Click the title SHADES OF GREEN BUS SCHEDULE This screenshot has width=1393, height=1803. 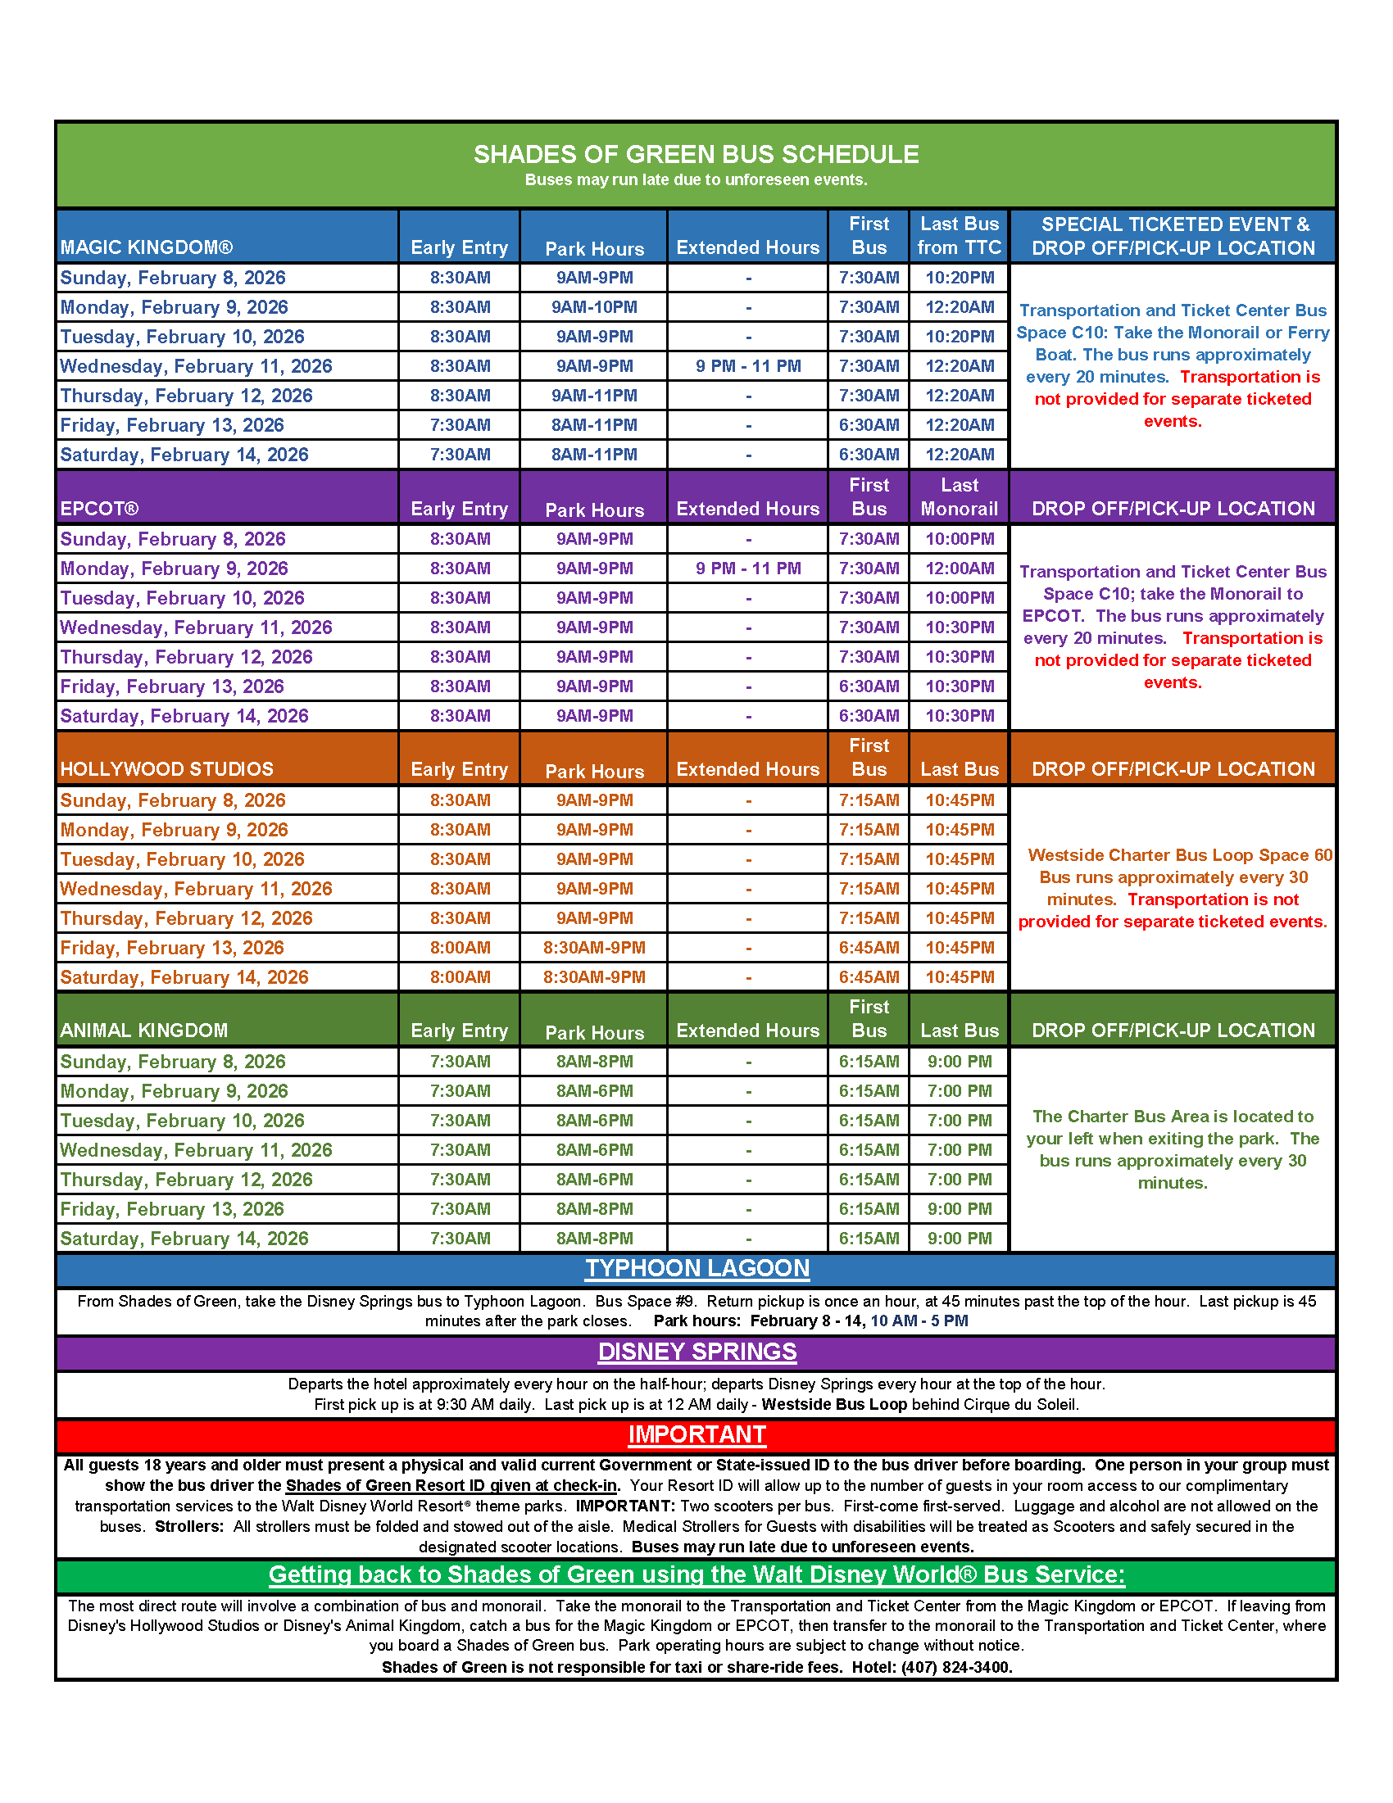pos(695,154)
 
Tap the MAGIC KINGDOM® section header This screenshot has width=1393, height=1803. pos(146,247)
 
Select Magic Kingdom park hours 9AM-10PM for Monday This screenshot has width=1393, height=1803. pos(594,307)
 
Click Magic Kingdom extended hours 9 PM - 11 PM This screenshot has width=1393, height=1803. pos(747,366)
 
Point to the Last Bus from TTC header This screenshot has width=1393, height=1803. pos(959,236)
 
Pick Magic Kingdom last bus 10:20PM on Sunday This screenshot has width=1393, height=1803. pos(959,279)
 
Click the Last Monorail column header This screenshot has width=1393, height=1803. pos(959,497)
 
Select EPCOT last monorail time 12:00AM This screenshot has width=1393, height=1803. pos(959,569)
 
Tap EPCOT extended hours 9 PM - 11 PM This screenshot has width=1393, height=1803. pos(747,569)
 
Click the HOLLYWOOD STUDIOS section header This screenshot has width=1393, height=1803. pos(167,769)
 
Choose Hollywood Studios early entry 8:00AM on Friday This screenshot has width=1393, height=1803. pos(460,948)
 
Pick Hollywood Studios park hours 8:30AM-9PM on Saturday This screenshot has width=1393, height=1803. pos(594,977)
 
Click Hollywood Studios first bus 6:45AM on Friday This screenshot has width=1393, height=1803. pos(869,948)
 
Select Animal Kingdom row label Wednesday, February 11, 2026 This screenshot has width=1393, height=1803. pos(196,1150)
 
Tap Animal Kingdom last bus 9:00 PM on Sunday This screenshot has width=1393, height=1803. pos(959,1062)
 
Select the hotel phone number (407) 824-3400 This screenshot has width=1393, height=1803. pos(956,1667)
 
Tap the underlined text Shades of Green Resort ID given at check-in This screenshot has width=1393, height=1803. pos(451,1486)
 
